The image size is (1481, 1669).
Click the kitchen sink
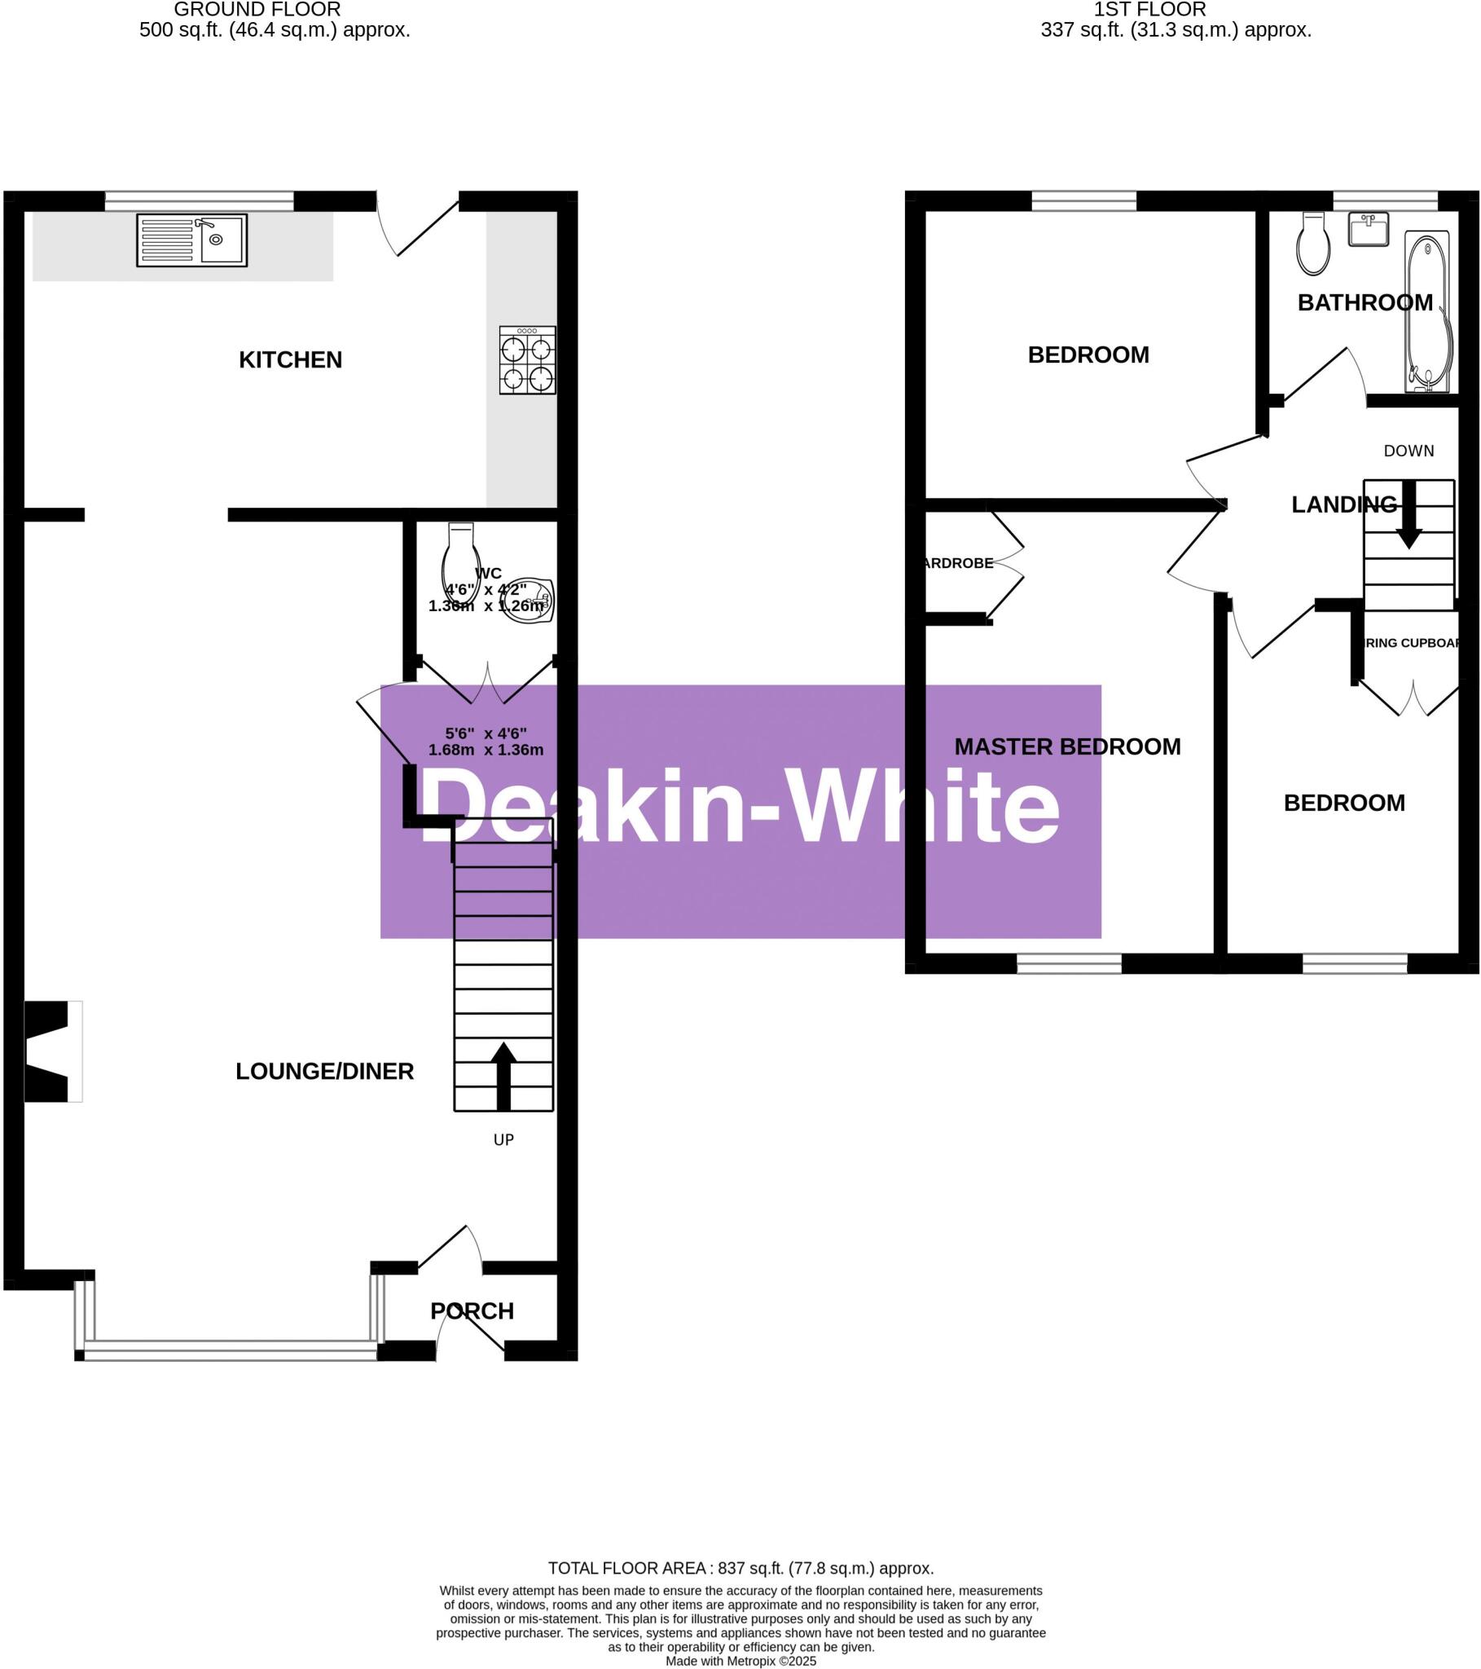click(192, 240)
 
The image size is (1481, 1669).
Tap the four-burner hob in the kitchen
click(527, 360)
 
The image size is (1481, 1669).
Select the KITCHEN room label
click(290, 360)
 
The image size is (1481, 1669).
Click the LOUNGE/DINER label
click(324, 1072)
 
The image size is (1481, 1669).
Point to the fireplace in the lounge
click(51, 1051)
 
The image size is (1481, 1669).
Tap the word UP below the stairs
click(503, 1139)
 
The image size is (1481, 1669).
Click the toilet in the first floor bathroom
click(1313, 244)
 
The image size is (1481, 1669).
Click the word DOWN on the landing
click(1408, 451)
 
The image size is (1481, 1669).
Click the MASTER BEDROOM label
click(1067, 746)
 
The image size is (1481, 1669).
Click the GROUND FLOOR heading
click(257, 10)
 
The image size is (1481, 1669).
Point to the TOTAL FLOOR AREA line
click(740, 1568)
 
